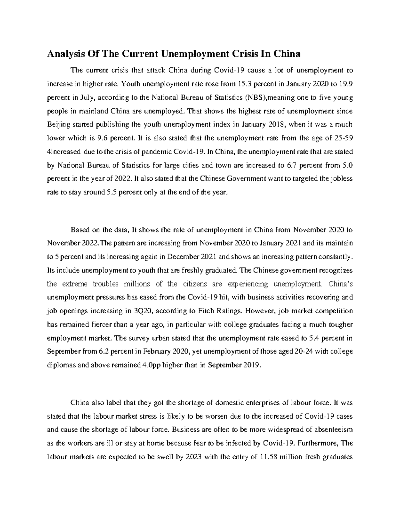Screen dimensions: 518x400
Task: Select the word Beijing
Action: (58, 125)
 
